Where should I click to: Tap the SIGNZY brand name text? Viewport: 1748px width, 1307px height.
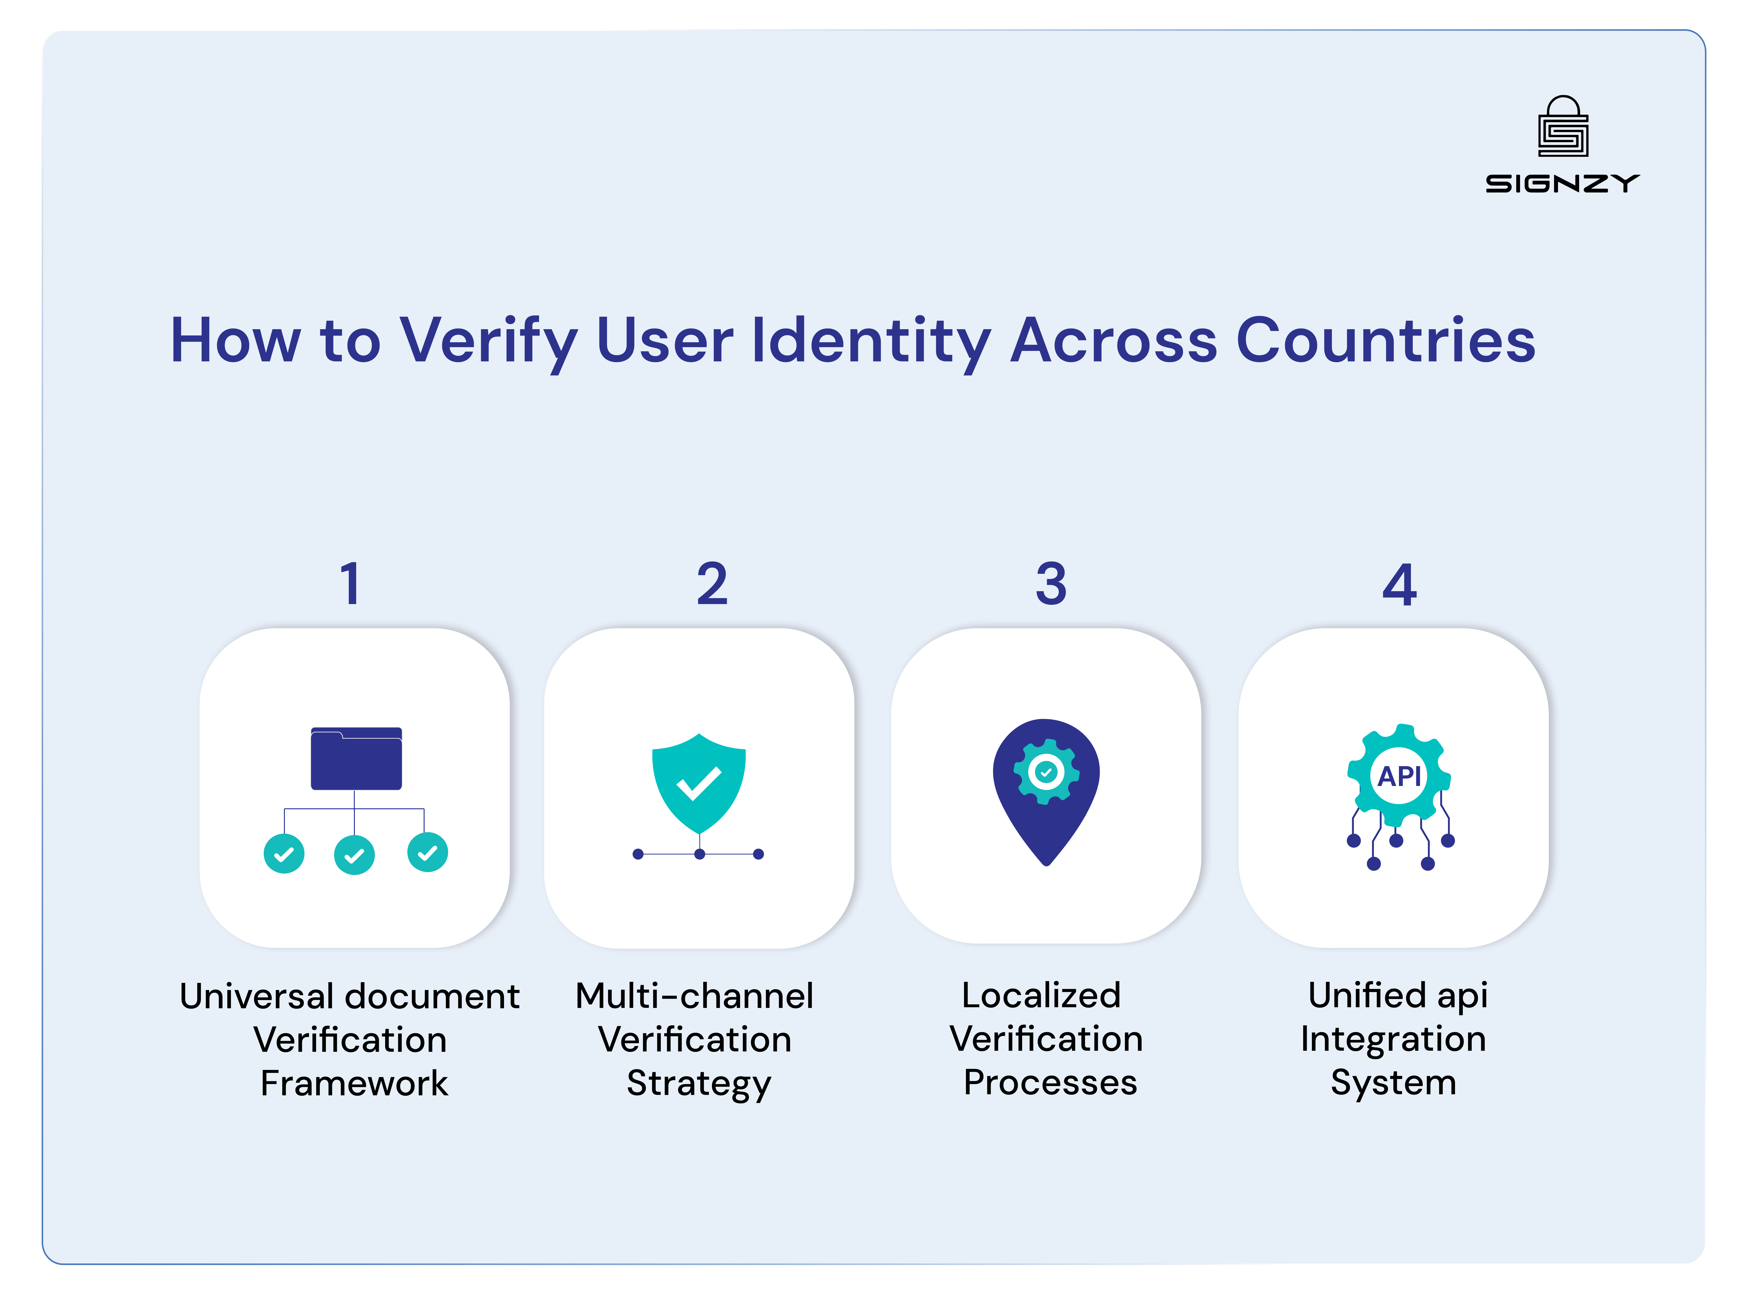coord(1562,184)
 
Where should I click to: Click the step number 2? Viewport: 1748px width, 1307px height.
coord(712,585)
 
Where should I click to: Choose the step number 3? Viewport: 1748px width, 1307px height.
coord(1051,585)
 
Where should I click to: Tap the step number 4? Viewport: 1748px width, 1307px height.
coord(1399,585)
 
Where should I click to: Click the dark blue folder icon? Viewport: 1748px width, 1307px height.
coord(356,759)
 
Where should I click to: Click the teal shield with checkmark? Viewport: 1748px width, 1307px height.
coord(699,782)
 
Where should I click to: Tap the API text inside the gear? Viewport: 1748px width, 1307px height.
coord(1399,776)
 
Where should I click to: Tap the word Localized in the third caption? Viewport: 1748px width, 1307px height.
coord(1042,996)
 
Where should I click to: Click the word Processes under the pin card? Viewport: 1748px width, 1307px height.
coord(1050,1083)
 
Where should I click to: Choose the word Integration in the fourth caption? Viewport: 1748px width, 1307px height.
coord(1393,1039)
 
